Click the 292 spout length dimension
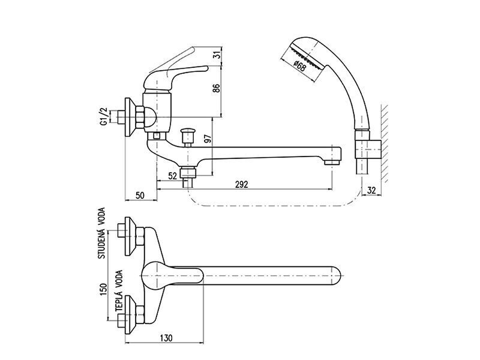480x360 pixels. click(242, 184)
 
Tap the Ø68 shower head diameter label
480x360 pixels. click(299, 67)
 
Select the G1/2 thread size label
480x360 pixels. click(104, 116)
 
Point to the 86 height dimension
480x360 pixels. click(217, 88)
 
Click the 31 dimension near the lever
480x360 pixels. click(217, 55)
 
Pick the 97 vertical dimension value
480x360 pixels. click(208, 139)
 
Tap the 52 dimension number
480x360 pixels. click(173, 176)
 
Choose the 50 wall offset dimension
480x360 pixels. click(140, 196)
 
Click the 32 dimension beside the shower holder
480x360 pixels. click(371, 190)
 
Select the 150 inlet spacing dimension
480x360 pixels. click(103, 290)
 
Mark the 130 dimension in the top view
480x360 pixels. click(166, 338)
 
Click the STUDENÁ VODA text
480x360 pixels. click(101, 233)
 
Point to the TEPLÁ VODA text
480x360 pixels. click(119, 291)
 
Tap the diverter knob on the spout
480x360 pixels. click(187, 138)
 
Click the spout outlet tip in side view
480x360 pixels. click(333, 161)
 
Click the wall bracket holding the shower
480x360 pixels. click(368, 150)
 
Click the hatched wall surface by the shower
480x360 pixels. click(385, 144)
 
